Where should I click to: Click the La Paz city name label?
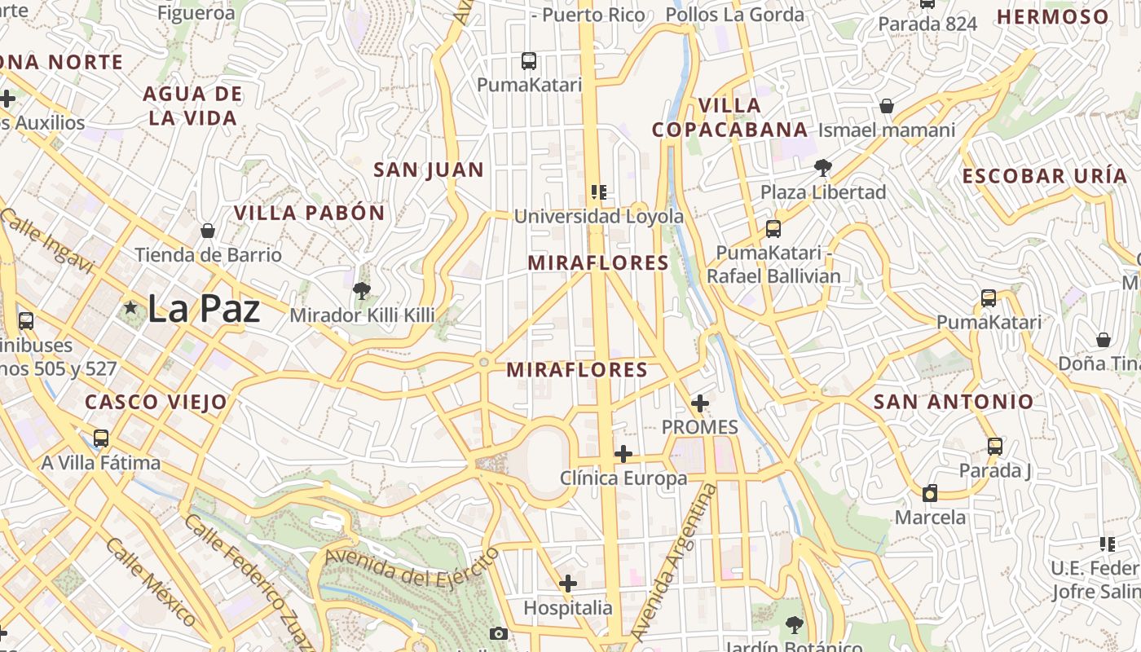(x=204, y=309)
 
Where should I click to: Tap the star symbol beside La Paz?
(x=130, y=308)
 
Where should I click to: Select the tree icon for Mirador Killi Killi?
(x=362, y=290)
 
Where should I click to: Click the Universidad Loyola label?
(x=598, y=216)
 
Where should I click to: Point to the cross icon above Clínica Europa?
(x=623, y=454)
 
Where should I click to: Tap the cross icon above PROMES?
(x=699, y=403)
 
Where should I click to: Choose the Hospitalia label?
(x=567, y=608)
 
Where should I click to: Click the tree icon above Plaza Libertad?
(x=823, y=168)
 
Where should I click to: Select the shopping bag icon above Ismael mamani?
(x=887, y=106)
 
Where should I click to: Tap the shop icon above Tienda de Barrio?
(x=208, y=231)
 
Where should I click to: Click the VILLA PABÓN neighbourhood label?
(x=310, y=214)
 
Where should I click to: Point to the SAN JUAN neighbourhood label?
(x=429, y=170)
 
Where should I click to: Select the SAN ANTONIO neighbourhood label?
(x=954, y=402)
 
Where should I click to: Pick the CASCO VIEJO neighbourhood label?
(x=156, y=402)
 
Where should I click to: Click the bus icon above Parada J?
(x=994, y=446)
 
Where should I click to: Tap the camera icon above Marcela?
(x=930, y=493)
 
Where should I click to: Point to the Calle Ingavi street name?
(x=47, y=240)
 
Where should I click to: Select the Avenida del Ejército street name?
(x=412, y=568)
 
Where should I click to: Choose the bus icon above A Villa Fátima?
(x=101, y=438)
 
